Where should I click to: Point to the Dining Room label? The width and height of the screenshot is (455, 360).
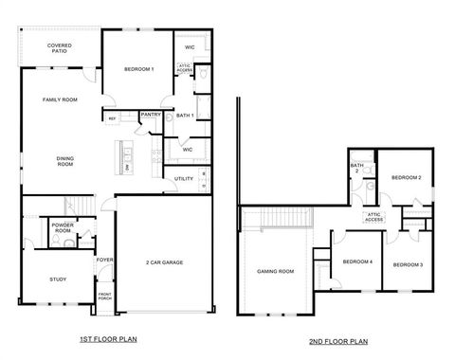[65, 162]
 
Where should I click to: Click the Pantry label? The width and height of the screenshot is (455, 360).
[150, 115]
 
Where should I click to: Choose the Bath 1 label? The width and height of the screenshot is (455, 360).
[185, 116]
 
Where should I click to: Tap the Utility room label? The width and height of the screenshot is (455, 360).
[184, 178]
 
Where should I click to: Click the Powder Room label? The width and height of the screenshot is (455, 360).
[63, 228]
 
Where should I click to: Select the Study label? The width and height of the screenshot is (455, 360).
[59, 279]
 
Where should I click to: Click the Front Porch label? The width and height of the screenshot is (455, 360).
[105, 298]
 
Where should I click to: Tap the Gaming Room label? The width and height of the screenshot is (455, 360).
[275, 271]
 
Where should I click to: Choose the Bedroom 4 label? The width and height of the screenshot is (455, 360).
[357, 261]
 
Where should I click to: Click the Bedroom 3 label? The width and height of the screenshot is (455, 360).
[408, 264]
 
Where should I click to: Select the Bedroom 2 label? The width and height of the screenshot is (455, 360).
[407, 178]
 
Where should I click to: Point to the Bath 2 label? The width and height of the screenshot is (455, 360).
[357, 168]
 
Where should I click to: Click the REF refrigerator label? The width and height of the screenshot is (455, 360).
[112, 118]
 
